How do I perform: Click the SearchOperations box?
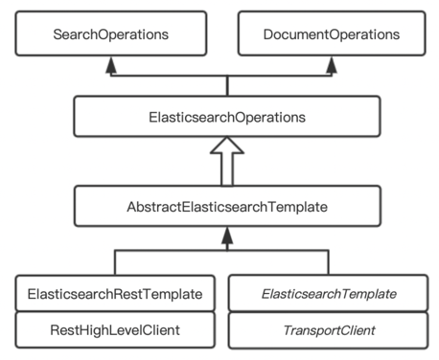(111, 34)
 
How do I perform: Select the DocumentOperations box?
(331, 34)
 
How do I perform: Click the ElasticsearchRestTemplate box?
(114, 293)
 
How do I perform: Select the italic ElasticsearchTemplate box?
(329, 293)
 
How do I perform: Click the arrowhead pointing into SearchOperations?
(112, 64)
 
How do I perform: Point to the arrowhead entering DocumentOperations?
(331, 64)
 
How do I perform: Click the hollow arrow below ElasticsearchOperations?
(226, 158)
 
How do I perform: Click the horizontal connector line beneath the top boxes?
(173, 76)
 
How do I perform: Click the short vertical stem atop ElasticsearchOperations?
(226, 86)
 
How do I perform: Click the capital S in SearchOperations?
(59, 34)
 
